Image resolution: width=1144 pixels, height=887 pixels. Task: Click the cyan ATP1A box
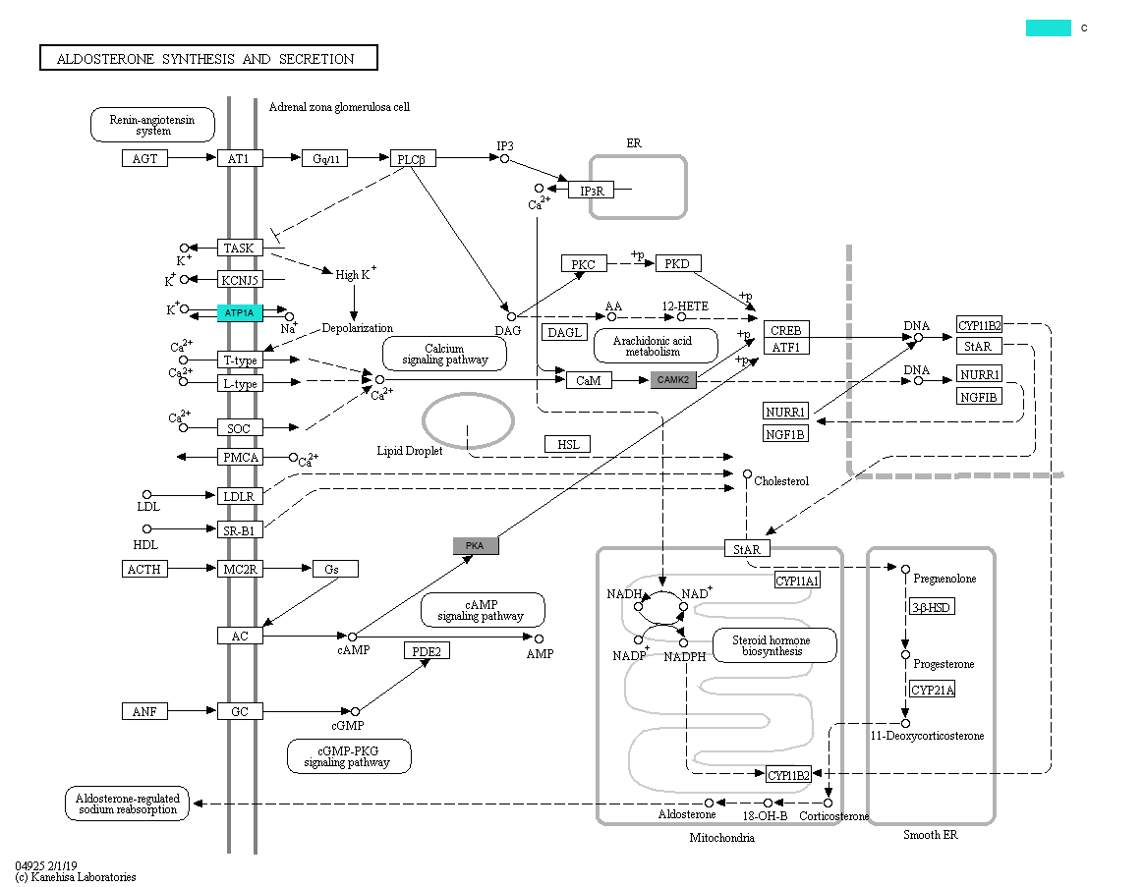[240, 313]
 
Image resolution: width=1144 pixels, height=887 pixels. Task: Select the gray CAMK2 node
[673, 379]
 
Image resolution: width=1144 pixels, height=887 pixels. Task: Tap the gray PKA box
[476, 546]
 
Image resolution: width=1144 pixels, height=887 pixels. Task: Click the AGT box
[145, 158]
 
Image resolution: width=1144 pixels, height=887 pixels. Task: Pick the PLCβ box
[413, 159]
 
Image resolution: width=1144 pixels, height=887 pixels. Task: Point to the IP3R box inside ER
[591, 191]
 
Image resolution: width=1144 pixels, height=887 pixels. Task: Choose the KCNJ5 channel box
[240, 280]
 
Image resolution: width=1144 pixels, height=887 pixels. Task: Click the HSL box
[568, 445]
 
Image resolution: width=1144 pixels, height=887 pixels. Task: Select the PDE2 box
[427, 650]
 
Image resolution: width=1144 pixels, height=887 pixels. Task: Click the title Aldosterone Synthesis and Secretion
[208, 59]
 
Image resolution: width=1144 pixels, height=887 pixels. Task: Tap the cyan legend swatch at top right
[1048, 28]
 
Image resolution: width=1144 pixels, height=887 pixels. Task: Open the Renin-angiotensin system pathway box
[152, 125]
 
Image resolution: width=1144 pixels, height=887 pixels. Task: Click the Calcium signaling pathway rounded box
[444, 354]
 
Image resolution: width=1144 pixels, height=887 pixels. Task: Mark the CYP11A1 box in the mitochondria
[797, 581]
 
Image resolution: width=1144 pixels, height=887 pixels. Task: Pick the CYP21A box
[932, 690]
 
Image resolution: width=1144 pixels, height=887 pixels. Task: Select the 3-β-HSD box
[932, 607]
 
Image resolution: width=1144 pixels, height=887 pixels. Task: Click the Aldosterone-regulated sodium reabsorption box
[127, 804]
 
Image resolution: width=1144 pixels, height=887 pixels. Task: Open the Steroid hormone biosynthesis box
[774, 645]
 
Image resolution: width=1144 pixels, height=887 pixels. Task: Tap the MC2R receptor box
[240, 569]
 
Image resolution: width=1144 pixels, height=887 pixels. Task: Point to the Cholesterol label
[781, 481]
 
